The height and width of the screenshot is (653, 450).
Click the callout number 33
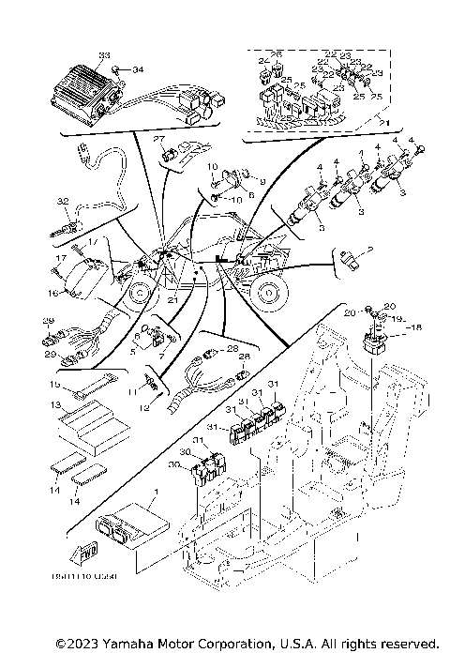[103, 56]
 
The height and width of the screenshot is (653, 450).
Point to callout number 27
[158, 139]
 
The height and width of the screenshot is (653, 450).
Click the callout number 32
[63, 201]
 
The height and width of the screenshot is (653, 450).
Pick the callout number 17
[58, 258]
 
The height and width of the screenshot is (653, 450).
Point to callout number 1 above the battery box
[156, 491]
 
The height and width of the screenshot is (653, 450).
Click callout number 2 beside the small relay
[370, 250]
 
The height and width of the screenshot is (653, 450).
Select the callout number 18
[417, 326]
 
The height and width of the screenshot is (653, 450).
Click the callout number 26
[277, 53]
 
